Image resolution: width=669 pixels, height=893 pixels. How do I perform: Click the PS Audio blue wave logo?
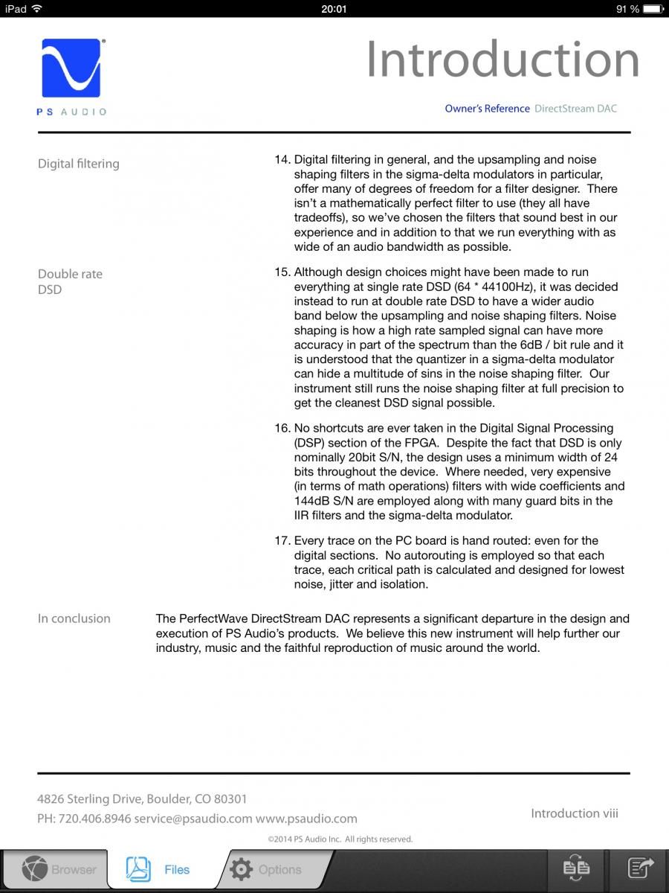pos(71,68)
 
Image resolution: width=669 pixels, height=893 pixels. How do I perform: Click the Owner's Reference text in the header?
pos(487,109)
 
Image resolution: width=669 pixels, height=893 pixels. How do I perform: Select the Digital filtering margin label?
pos(78,164)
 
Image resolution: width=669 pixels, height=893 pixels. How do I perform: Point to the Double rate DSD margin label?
pos(70,281)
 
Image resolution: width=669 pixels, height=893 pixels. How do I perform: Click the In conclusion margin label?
pos(74,618)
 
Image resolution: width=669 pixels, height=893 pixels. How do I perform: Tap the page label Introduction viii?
pos(574,813)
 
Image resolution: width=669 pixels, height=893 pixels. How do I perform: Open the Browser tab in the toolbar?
pos(59,869)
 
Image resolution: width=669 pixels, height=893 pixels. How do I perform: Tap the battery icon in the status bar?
pos(653,9)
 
